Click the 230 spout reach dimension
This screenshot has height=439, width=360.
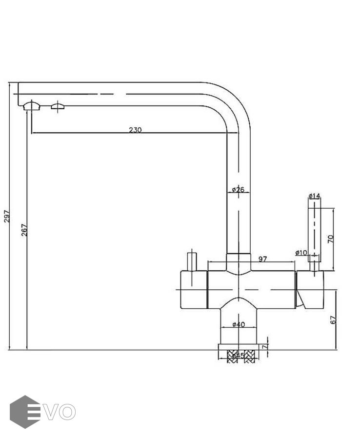coord(135,130)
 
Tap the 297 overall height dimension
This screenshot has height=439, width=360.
coord(7,215)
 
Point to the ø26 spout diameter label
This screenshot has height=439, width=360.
coord(238,189)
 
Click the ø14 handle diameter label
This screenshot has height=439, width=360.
coord(314,196)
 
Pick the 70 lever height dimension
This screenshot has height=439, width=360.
coord(330,239)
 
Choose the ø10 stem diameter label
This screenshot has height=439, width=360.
coord(301,252)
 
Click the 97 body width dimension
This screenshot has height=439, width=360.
coord(262,259)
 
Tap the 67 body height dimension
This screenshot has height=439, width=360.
coord(333,320)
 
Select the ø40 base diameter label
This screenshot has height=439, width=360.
coord(238,325)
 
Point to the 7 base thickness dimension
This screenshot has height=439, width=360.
coord(264,346)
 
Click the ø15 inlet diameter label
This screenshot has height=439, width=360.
coord(237,356)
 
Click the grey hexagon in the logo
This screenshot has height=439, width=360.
coord(24,412)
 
